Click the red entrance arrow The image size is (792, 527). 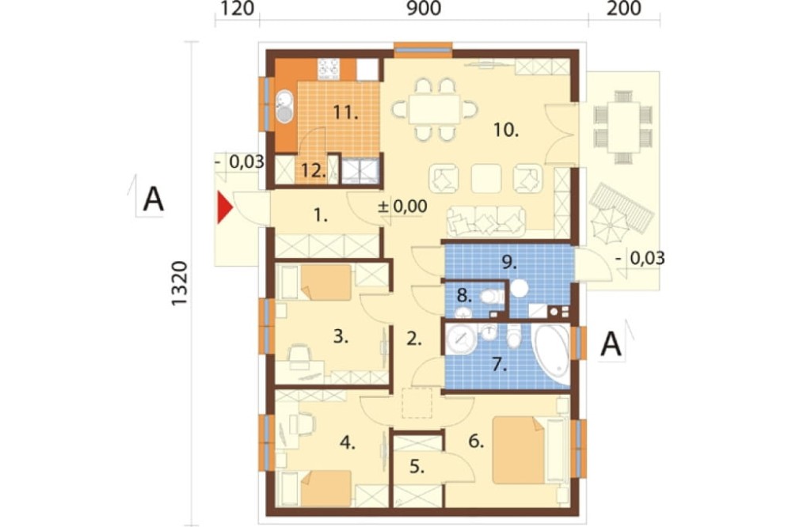(x=224, y=207)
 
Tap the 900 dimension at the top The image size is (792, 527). (x=424, y=9)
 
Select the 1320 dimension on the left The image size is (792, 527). (x=179, y=283)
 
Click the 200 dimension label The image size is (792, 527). (x=623, y=9)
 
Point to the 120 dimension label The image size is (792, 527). (x=237, y=9)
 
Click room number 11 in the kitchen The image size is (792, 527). (x=345, y=112)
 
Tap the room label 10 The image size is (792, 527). (x=506, y=131)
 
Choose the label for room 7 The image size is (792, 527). (x=500, y=365)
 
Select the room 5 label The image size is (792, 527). (x=417, y=467)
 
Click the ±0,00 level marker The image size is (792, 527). (x=402, y=206)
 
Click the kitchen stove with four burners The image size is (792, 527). (x=329, y=69)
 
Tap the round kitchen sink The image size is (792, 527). (x=285, y=107)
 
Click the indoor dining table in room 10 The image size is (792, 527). (x=434, y=108)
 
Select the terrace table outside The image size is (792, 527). (x=623, y=127)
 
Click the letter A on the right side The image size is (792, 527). (x=611, y=345)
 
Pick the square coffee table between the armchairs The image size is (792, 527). (x=486, y=179)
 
